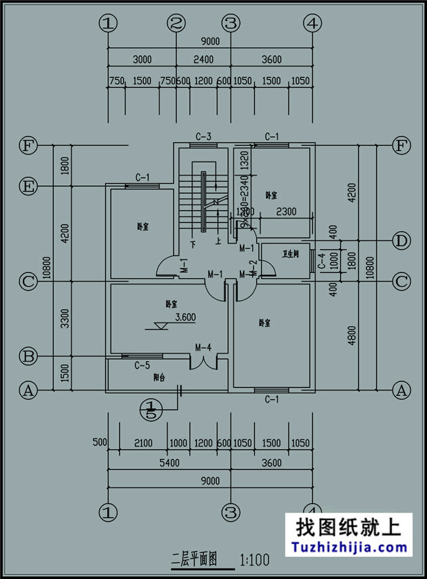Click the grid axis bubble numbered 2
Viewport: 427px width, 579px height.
(176, 24)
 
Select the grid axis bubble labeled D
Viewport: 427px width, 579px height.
(401, 241)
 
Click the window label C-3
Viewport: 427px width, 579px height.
(203, 137)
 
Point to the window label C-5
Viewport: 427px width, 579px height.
(142, 365)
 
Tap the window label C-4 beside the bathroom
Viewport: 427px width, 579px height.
(321, 261)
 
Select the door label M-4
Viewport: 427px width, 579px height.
(202, 347)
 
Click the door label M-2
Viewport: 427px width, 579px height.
(254, 268)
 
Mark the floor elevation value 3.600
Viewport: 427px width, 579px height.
(186, 316)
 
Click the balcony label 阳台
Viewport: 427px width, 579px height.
(158, 377)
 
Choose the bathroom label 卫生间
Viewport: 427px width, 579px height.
(290, 253)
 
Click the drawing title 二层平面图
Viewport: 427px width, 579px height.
(193, 560)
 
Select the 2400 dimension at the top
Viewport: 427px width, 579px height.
(203, 60)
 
